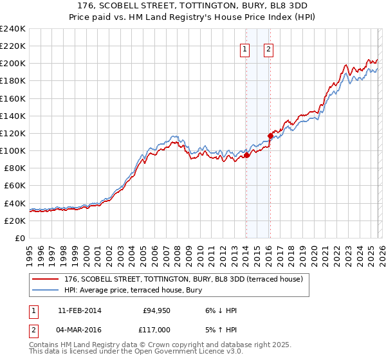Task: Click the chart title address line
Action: tap(192, 4)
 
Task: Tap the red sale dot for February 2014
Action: tap(246, 155)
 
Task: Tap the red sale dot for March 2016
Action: tap(270, 136)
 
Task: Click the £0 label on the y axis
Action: tap(19, 238)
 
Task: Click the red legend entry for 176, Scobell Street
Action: tap(187, 280)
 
